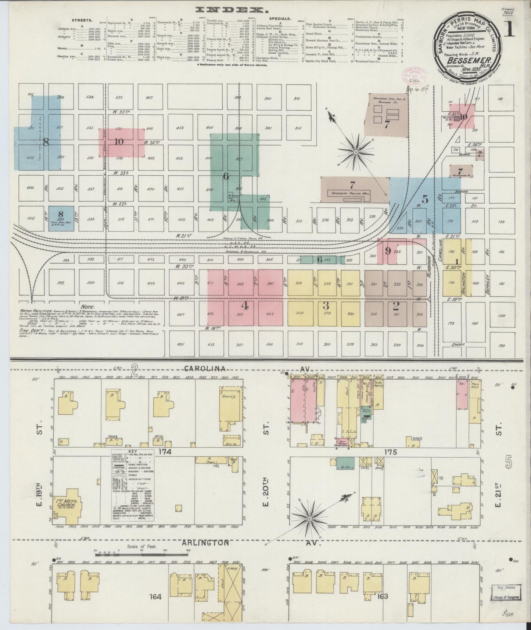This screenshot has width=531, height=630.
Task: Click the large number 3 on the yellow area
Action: tap(325, 306)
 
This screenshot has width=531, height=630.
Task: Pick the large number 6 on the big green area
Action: tap(226, 176)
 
